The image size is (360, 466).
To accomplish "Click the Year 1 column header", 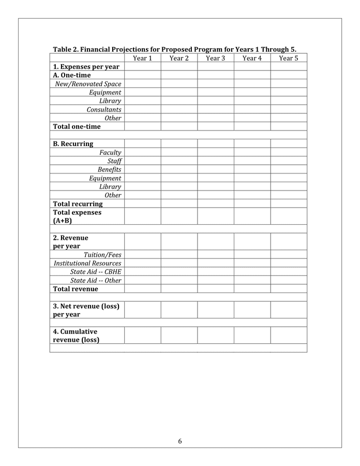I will (x=142, y=58).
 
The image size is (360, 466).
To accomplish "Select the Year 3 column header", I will (x=215, y=58).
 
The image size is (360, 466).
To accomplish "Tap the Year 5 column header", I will (x=289, y=58).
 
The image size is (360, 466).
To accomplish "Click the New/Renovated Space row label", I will (x=88, y=84).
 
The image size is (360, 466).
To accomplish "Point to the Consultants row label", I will (x=104, y=109).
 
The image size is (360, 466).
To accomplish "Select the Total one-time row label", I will (x=77, y=126).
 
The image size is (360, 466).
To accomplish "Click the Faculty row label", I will (x=110, y=152).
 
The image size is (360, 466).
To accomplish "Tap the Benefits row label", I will (x=109, y=169).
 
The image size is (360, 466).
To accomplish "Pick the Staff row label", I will (x=114, y=161).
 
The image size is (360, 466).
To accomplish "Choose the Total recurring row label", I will (x=78, y=203).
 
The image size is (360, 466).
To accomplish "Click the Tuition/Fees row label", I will (x=102, y=255).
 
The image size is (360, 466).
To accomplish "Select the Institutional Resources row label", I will (x=87, y=263).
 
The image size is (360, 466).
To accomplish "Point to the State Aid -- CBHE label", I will (x=96, y=272).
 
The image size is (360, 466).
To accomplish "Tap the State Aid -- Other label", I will (x=96, y=280).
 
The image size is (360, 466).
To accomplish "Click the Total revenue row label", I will (x=76, y=289).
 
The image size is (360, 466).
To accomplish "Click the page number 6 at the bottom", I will (x=180, y=441).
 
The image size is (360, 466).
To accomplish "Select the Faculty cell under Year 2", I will (x=179, y=152).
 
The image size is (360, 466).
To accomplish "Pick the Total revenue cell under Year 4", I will (x=252, y=289).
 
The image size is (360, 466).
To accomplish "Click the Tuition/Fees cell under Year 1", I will (x=142, y=255).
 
